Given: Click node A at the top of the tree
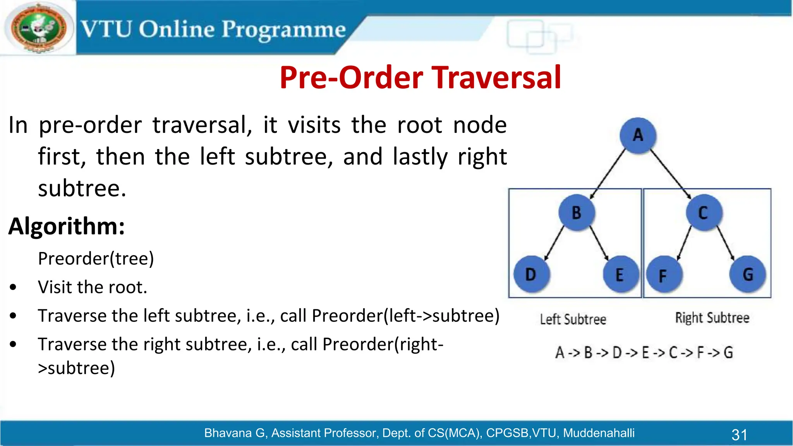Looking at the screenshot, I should tap(638, 135).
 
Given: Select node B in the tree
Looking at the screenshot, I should tap(577, 213).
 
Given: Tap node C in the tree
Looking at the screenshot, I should tap(703, 213).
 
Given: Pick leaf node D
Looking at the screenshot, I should tap(531, 274).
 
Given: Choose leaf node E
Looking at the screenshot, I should tap(620, 274).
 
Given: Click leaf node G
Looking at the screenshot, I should tap(748, 274).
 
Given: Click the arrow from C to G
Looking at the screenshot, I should tap(726, 243).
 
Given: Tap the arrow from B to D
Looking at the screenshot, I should tap(554, 243).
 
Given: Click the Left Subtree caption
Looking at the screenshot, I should tap(573, 319).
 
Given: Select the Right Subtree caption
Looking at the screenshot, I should tap(712, 318).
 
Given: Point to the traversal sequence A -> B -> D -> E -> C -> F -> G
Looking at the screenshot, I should tap(644, 353).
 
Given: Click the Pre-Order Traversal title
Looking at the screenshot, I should tap(420, 77).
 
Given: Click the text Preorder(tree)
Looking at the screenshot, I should tap(96, 258).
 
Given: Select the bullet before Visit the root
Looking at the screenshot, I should tap(14, 287).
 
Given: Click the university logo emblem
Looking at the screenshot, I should tap(38, 28).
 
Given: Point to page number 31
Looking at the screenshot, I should tap(739, 434).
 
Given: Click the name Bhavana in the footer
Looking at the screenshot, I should tap(228, 433).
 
